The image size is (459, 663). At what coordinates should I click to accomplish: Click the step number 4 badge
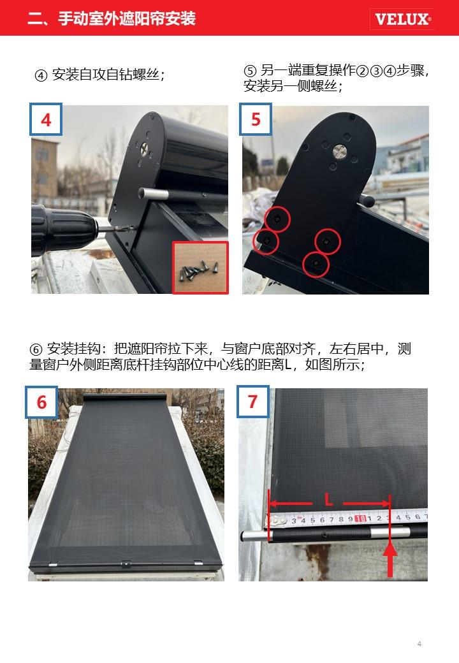pos(46,119)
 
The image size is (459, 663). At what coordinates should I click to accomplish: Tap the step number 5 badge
pos(256,119)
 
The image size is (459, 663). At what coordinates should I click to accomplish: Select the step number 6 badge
pos(41,402)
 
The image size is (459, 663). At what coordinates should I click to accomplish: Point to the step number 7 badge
pos(252,402)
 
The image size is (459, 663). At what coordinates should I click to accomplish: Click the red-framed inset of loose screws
pos(200,268)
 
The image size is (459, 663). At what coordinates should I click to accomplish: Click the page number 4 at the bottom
pos(419,643)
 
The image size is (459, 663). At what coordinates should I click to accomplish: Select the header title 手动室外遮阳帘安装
pos(127,18)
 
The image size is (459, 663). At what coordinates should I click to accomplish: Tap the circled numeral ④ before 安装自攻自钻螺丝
pos(41,76)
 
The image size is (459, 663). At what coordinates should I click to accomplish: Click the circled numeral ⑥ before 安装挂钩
pos(36,350)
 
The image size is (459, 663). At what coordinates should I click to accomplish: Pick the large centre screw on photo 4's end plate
pos(145,148)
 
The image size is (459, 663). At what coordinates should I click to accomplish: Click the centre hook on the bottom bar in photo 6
pos(126,563)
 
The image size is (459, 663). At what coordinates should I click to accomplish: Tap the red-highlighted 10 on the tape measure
pos(361,519)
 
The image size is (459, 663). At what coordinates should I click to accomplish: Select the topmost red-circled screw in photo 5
pos(277,219)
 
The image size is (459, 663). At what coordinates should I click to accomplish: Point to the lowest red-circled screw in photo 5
pos(316,264)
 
